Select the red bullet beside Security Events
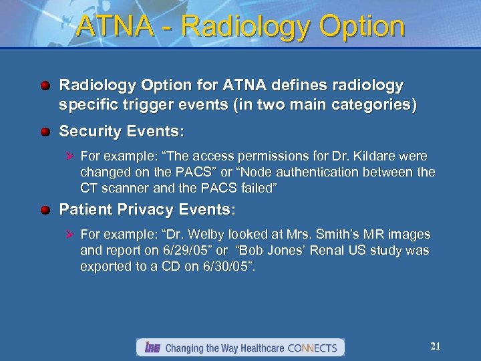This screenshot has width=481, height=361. pyautogui.click(x=45, y=132)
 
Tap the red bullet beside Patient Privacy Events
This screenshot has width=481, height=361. pyautogui.click(x=45, y=210)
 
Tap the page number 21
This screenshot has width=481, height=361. pyautogui.click(x=436, y=346)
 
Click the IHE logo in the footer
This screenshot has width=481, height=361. pyautogui.click(x=150, y=348)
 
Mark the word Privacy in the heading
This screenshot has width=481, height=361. pyautogui.click(x=142, y=210)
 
